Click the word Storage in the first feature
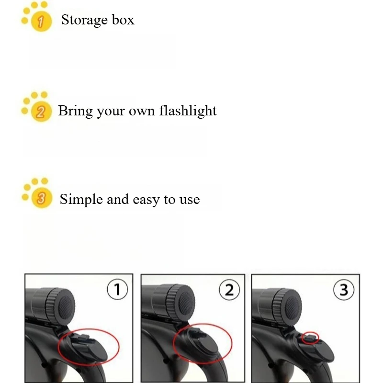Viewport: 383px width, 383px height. coord(84,20)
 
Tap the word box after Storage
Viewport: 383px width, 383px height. coord(123,20)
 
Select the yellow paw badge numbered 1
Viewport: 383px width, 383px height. coord(37,17)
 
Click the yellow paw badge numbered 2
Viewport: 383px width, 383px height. coord(37,107)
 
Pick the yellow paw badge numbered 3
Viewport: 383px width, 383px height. coord(37,193)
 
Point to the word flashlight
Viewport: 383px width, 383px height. coord(188,111)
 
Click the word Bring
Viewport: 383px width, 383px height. coord(76,111)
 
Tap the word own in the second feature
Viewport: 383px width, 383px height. coord(142,112)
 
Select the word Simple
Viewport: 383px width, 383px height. coord(81,200)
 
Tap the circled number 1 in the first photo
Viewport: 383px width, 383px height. coord(117,289)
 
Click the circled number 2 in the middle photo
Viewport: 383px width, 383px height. coord(229,290)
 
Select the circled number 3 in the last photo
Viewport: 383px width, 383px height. coord(344,290)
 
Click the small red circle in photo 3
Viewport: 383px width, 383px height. coord(310,338)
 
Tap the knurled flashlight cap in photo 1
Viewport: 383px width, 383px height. coord(60,306)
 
